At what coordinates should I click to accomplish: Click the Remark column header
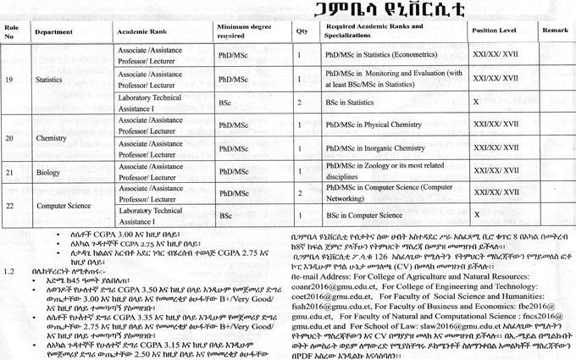[x=555, y=30]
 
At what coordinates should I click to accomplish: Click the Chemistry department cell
[x=51, y=136]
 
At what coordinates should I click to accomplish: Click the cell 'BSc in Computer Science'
[x=363, y=216]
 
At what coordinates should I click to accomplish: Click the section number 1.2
[x=10, y=271]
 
